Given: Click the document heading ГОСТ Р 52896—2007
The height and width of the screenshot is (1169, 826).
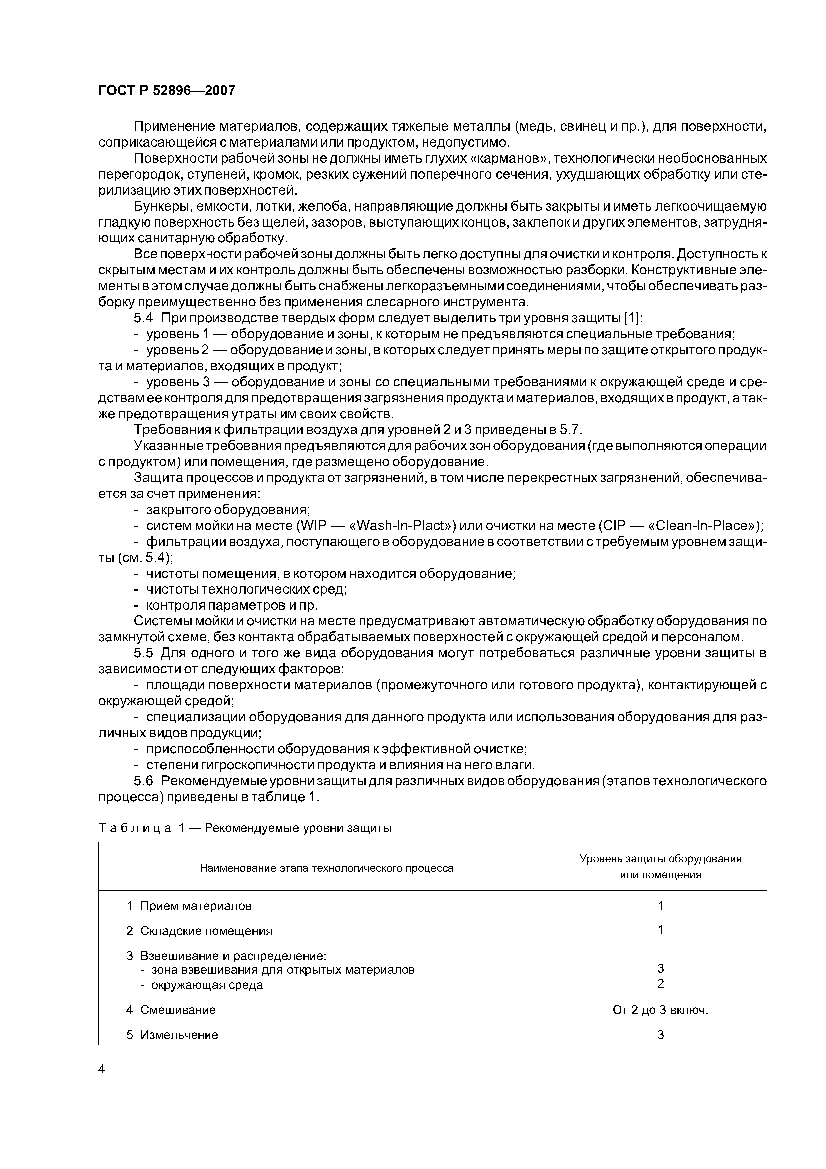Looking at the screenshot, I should tap(167, 91).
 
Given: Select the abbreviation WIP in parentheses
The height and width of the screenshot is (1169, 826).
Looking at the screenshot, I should tap(313, 526).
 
